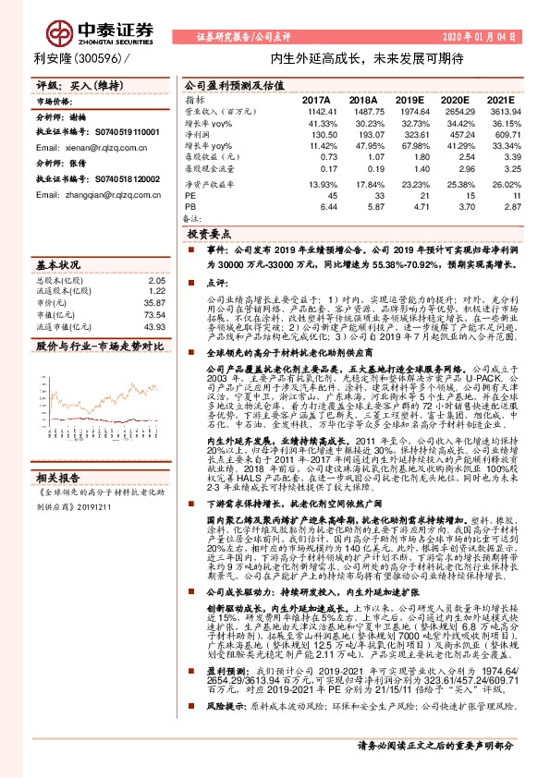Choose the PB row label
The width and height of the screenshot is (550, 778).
190,205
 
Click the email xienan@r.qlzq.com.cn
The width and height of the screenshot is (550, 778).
88,147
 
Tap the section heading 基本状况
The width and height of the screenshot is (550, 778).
57,261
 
